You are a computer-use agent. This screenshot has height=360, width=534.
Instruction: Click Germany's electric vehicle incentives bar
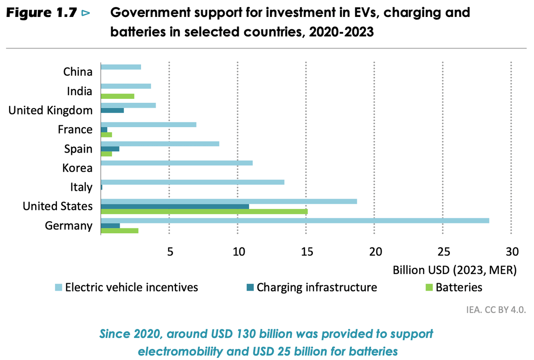(295, 221)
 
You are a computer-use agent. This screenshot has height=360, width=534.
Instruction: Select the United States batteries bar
(204, 211)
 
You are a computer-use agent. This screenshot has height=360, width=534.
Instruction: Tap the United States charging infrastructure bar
(175, 206)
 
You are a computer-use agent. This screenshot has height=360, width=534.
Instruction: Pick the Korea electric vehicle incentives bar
(177, 163)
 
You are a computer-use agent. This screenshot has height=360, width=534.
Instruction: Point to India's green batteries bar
(117, 96)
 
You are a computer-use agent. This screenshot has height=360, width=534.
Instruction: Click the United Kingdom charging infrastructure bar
(112, 110)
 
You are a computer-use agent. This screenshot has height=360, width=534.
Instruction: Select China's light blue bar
(121, 67)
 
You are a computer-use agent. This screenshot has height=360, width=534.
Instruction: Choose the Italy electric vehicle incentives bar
(193, 182)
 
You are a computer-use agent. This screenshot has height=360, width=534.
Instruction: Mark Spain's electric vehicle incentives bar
(160, 144)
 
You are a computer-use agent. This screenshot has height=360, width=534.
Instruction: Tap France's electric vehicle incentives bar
(149, 125)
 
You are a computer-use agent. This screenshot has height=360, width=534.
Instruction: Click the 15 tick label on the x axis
(306, 252)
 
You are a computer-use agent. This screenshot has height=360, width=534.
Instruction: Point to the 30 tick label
(512, 252)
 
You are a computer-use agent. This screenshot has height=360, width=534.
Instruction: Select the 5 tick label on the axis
(170, 252)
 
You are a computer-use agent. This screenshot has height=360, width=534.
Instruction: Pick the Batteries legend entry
(459, 287)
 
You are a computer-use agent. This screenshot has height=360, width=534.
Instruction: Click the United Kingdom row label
(51, 110)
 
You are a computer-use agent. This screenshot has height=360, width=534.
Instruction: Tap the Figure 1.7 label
(41, 13)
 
